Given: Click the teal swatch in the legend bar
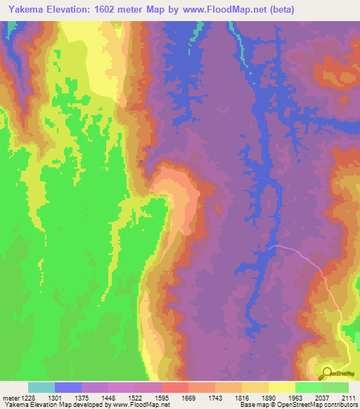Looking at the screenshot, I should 41,387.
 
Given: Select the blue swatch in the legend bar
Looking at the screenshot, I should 68,387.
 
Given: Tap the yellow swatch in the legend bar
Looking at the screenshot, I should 282,387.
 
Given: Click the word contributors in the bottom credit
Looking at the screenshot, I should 342,405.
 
